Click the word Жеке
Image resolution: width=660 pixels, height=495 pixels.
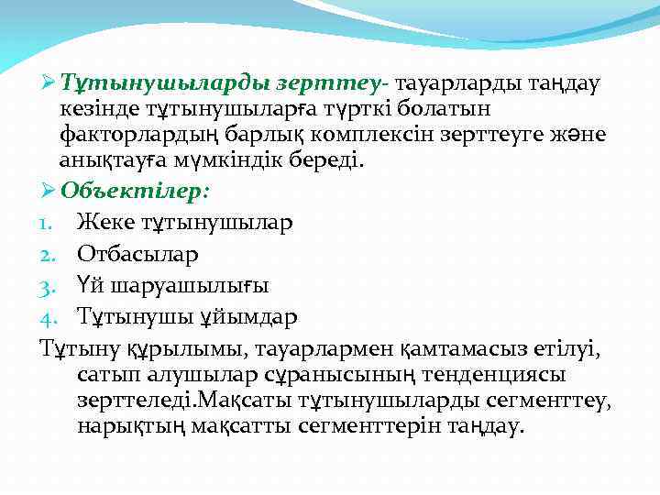pos(104,222)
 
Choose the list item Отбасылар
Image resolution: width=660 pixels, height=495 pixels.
pos(138,253)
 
